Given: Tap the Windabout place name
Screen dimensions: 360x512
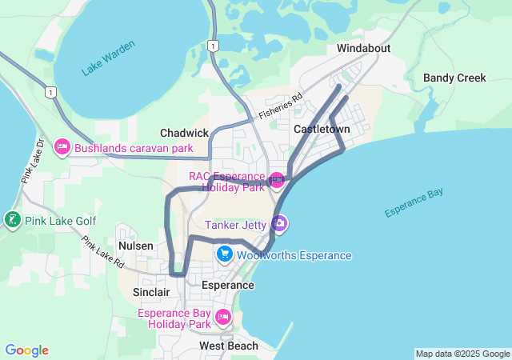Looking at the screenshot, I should coord(363,48).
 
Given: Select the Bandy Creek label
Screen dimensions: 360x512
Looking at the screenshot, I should coord(454,78).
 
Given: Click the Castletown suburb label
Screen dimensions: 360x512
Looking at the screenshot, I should coord(322,128).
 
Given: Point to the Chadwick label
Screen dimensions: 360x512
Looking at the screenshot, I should coord(184,133).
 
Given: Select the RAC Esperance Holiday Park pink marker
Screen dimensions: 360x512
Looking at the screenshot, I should coord(277,179).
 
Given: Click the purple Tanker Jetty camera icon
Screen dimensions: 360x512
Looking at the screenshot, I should coord(278,224).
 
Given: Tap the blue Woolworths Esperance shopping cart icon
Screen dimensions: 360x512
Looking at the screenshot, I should coord(225,254).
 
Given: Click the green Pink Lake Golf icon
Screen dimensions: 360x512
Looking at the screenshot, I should coord(12,218).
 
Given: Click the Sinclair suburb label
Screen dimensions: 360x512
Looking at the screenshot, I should coord(150,292).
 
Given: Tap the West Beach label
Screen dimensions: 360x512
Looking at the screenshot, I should coord(229,346).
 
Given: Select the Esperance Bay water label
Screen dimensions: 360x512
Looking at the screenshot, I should coord(414,203).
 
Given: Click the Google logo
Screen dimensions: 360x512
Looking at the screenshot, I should coord(26,350).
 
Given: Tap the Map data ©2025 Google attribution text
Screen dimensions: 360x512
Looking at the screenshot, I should coord(462,354).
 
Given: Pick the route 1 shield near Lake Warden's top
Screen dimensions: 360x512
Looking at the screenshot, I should coord(212,46).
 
